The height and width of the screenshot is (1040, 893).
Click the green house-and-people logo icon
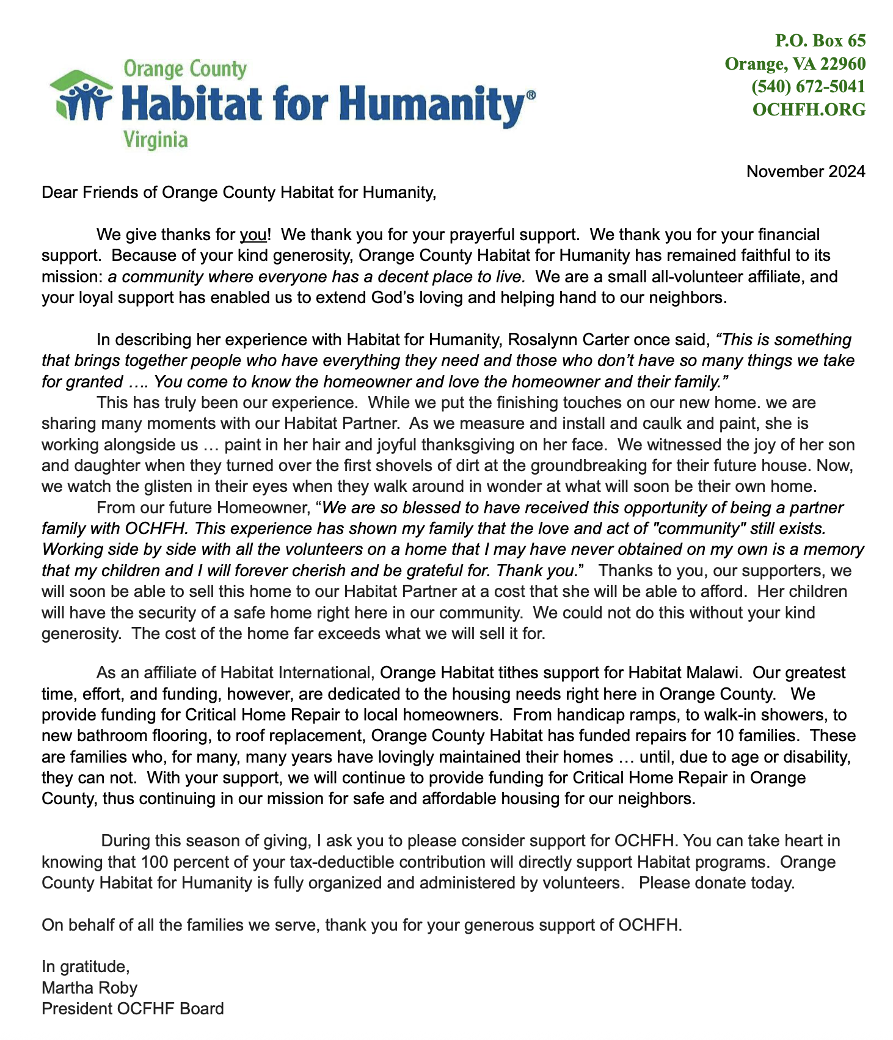pos(81,97)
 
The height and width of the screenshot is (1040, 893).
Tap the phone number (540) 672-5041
pos(808,87)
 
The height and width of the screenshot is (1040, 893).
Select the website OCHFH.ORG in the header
pos(809,109)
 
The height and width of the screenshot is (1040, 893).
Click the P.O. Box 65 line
pos(820,40)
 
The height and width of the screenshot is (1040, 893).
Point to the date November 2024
pos(806,172)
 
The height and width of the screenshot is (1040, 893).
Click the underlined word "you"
pos(253,235)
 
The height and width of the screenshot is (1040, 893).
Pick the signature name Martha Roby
pos(89,988)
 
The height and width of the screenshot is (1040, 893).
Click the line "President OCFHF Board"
pos(133,1009)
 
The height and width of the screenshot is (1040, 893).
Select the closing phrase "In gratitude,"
pos(86,967)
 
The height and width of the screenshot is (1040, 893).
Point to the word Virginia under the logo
pos(156,141)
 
